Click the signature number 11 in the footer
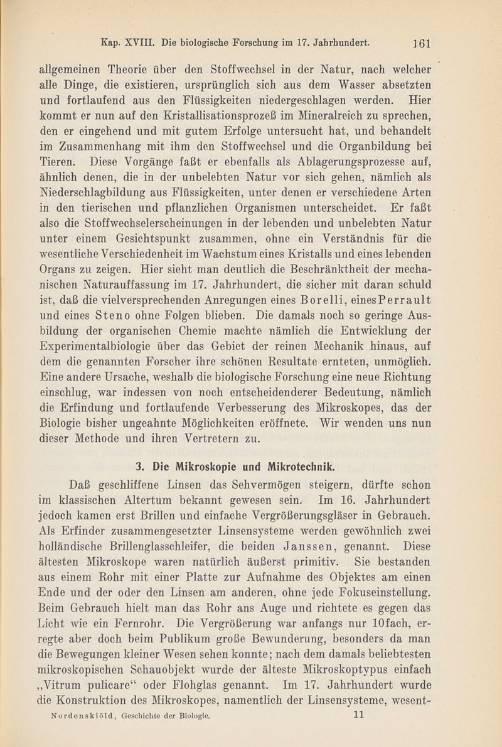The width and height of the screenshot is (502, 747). pyautogui.click(x=360, y=713)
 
